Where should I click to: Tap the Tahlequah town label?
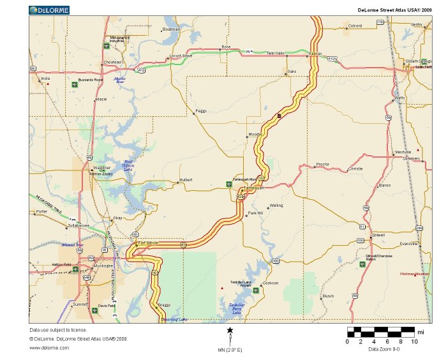click(255, 188)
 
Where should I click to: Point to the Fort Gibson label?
click(148, 243)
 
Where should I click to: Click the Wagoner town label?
click(103, 168)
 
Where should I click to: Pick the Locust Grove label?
click(181, 56)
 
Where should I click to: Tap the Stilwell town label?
click(378, 235)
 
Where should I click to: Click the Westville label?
click(403, 153)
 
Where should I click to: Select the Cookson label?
click(271, 282)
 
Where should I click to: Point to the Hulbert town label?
click(186, 180)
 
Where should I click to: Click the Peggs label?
click(202, 110)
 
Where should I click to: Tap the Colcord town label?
click(355, 26)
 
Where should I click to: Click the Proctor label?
click(323, 164)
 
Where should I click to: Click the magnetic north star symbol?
click(230, 330)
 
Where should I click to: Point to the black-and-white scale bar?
click(381, 332)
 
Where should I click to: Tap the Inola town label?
click(45, 79)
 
